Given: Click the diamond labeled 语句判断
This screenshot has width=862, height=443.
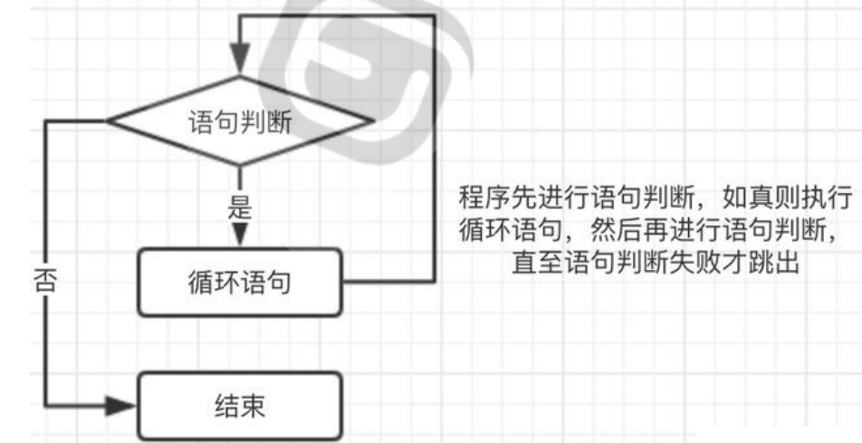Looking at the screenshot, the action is click(240, 120).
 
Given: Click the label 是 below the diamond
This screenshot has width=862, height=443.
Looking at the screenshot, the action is click(240, 207).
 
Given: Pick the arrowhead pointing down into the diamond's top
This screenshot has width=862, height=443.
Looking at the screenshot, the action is click(240, 63).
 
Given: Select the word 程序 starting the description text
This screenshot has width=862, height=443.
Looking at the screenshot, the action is click(479, 197).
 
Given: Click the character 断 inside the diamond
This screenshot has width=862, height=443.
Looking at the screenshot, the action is click(280, 121).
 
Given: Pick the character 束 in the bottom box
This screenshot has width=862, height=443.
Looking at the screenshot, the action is click(254, 405).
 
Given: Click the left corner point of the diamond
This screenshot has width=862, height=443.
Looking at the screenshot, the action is click(108, 120).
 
